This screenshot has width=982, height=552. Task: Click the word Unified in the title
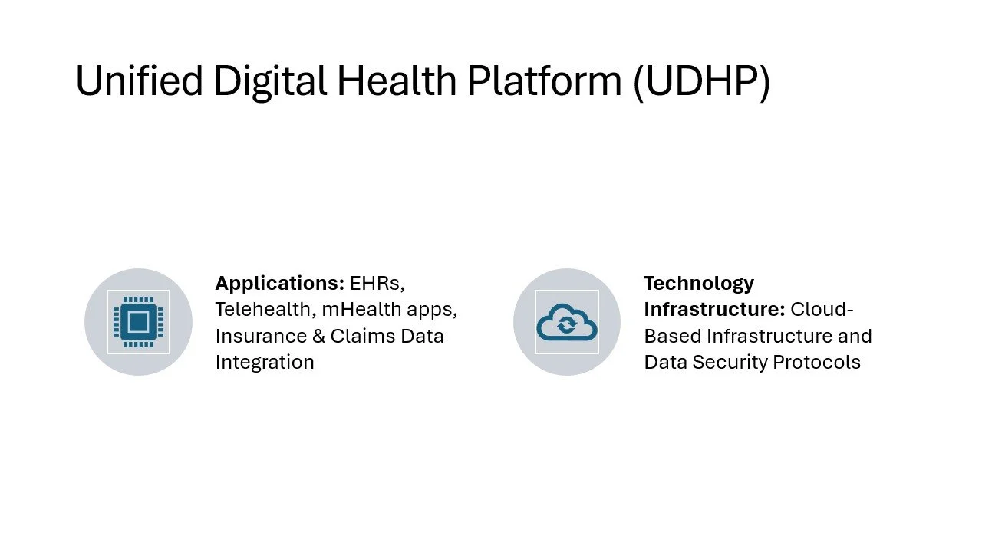click(138, 80)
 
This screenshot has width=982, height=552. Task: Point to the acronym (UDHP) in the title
click(701, 80)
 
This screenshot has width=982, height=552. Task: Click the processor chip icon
click(138, 322)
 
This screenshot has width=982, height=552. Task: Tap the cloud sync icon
click(566, 322)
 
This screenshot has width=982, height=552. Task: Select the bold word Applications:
click(279, 284)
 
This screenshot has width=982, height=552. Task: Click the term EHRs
click(377, 284)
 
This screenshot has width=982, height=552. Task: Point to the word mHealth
click(357, 310)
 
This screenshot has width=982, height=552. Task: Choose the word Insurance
click(259, 336)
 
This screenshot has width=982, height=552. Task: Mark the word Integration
click(265, 362)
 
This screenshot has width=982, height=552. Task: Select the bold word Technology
click(699, 284)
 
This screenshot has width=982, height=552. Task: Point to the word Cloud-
click(822, 310)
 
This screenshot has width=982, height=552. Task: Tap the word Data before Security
click(665, 362)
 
